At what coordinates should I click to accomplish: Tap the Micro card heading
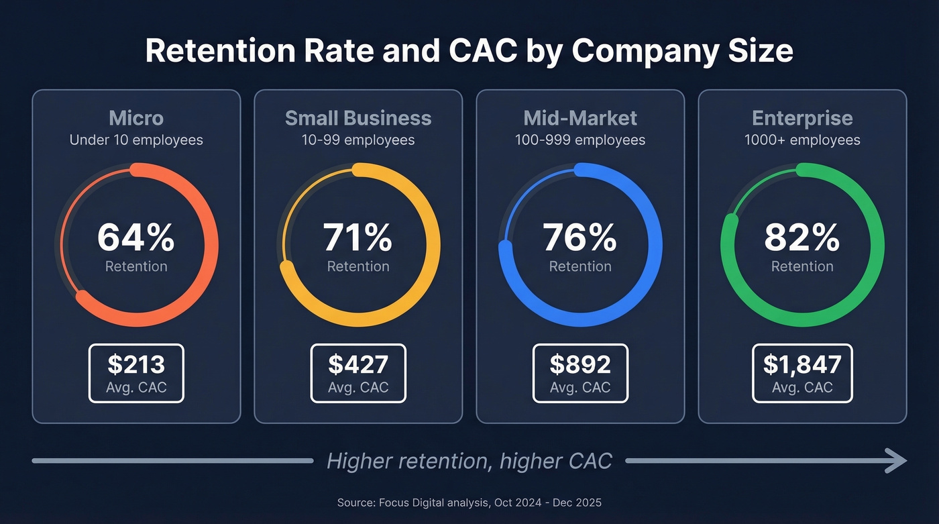[x=136, y=118]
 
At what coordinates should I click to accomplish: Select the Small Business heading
[x=358, y=118]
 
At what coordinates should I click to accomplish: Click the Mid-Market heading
[x=580, y=118]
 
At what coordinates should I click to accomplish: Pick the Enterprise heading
[x=802, y=118]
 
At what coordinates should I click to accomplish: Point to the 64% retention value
[x=136, y=238]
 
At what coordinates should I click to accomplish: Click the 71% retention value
[x=358, y=238]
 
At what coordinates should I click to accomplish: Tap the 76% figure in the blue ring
[x=580, y=238]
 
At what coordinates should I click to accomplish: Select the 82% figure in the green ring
[x=802, y=238]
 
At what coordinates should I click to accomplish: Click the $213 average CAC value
[x=136, y=364]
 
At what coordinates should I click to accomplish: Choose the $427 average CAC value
[x=358, y=364]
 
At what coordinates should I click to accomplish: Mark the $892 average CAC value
[x=580, y=364]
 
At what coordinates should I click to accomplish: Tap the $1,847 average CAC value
[x=802, y=364]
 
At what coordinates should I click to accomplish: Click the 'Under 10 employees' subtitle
[x=136, y=140]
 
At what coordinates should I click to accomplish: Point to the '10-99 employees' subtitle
[x=358, y=140]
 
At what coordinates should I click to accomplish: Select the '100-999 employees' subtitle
[x=580, y=140]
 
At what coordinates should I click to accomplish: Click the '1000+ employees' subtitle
[x=802, y=140]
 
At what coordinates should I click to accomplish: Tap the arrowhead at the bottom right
[x=897, y=461]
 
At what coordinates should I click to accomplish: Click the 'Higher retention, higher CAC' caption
[x=469, y=461]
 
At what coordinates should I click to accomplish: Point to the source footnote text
[x=469, y=502]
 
